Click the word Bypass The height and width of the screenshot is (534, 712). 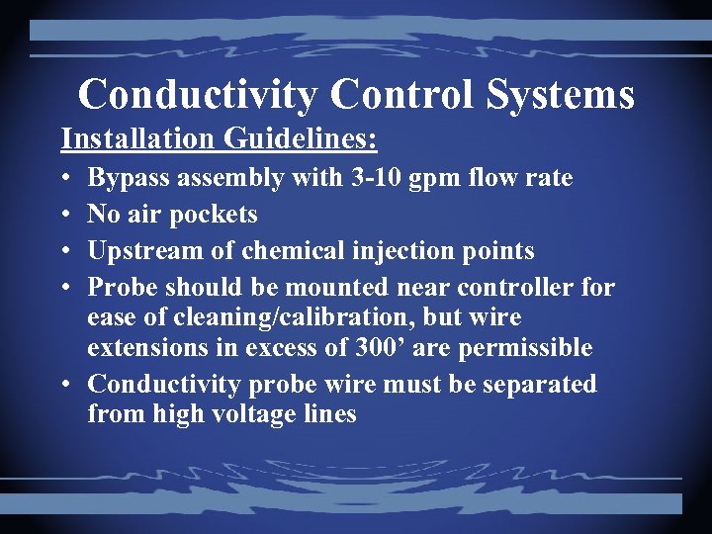[x=130, y=179]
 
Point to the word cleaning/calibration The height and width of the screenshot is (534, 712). [x=287, y=318]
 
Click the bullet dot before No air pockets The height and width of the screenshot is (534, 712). [x=64, y=215]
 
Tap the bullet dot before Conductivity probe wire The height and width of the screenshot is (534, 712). [x=64, y=384]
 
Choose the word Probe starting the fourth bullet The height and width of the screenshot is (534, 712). [x=123, y=288]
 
